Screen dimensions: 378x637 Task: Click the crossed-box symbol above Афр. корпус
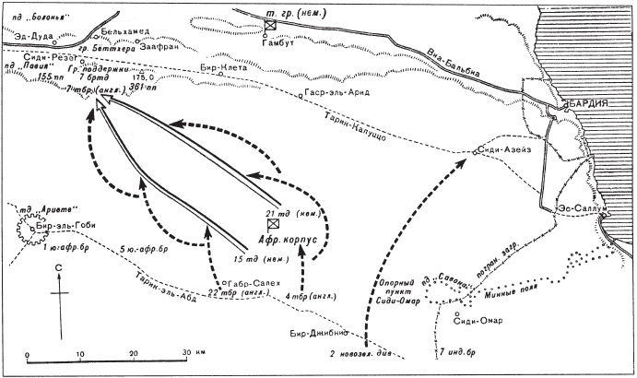(273, 224)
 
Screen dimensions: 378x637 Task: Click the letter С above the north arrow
(59, 268)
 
